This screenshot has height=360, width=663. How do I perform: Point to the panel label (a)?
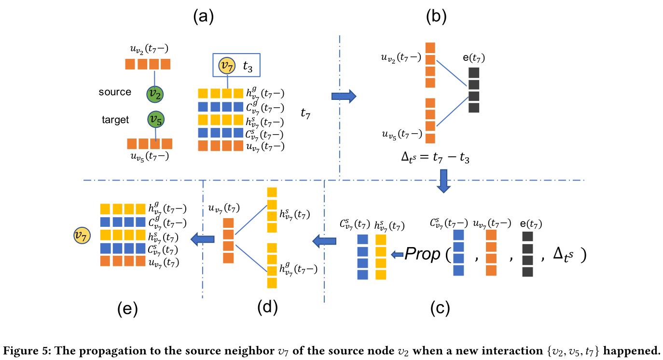tap(203, 17)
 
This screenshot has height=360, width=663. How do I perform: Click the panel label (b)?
tap(436, 17)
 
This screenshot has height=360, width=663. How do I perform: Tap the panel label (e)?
tap(127, 309)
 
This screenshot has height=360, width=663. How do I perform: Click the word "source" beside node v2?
tap(115, 92)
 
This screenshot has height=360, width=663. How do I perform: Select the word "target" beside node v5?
tap(115, 120)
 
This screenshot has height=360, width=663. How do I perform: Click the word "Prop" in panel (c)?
tap(424, 254)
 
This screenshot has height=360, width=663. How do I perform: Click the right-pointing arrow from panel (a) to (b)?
tap(344, 96)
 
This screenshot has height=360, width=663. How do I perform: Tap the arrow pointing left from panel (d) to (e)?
tap(203, 237)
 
